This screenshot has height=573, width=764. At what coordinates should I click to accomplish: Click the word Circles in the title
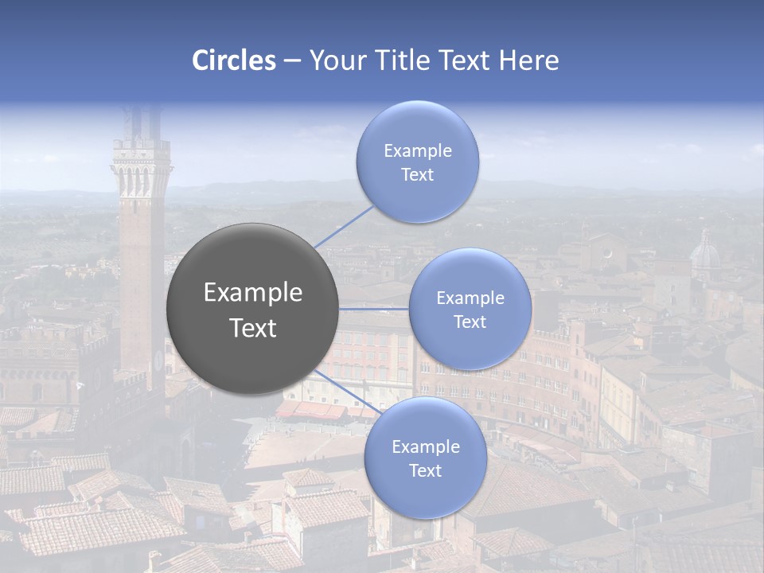pyautogui.click(x=234, y=60)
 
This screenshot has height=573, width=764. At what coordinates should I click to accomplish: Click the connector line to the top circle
pyautogui.click(x=344, y=226)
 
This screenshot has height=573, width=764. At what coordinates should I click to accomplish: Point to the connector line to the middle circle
pyautogui.click(x=373, y=308)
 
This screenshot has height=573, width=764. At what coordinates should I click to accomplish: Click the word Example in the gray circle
pyautogui.click(x=253, y=293)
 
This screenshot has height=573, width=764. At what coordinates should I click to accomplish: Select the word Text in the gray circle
pyautogui.click(x=253, y=328)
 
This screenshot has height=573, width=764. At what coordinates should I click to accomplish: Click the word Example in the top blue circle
pyautogui.click(x=417, y=151)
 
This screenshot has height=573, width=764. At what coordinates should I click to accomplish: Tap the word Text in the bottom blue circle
pyautogui.click(x=425, y=471)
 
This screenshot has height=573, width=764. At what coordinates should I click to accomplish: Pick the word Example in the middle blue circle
pyautogui.click(x=470, y=298)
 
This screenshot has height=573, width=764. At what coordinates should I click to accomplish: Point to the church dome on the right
pyautogui.click(x=704, y=255)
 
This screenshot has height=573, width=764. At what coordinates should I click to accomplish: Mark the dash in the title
pyautogui.click(x=292, y=60)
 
